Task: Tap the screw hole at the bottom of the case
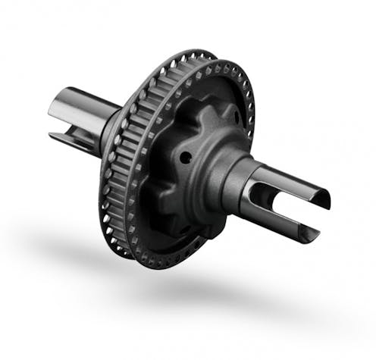tap(180, 227)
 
